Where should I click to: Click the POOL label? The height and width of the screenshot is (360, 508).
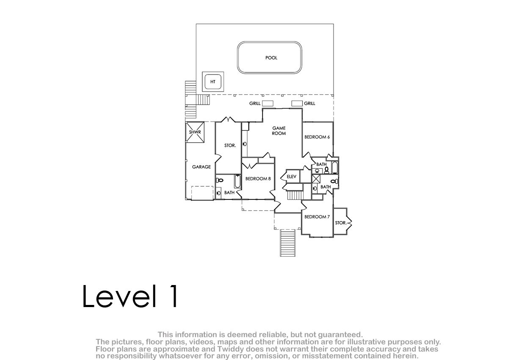pos(271,58)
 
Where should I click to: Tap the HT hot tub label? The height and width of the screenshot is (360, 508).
pos(213,82)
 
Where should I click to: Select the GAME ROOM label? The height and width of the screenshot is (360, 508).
pos(279,131)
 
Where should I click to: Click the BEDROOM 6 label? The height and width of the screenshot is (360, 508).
pos(317,137)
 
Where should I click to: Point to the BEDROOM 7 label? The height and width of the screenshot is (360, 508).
pos(317,217)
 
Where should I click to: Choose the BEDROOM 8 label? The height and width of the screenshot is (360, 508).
pos(258,179)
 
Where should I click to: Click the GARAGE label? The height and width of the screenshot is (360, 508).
pos(202,167)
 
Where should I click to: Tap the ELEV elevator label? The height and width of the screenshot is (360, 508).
pos(291,177)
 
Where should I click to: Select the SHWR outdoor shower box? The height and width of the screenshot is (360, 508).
pos(195,132)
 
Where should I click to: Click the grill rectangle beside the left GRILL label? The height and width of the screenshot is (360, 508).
pos(268,103)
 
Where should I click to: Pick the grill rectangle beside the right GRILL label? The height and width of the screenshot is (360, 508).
pos(297,103)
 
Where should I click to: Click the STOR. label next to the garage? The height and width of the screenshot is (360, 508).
pos(230,145)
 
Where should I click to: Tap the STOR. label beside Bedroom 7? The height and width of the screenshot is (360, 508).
pos(341,223)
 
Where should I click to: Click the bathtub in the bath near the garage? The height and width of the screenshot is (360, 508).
pos(237,181)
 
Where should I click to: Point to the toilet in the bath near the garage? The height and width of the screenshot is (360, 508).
pos(220,180)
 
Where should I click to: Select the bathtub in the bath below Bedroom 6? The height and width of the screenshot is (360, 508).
pos(335,167)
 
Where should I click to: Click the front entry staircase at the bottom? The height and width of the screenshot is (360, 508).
pos(287,243)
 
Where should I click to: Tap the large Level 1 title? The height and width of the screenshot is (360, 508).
pos(130,296)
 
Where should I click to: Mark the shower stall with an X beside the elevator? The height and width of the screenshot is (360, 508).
pos(316,179)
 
